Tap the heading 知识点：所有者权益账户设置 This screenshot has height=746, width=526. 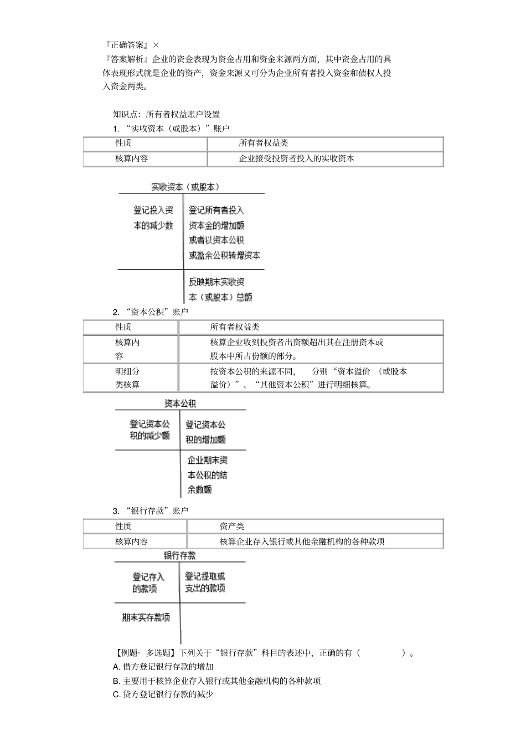[x=166, y=114]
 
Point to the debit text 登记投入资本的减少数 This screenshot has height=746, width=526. [x=153, y=218]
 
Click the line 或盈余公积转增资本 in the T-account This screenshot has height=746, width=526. [x=224, y=256]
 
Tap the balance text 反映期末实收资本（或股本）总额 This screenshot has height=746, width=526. [x=220, y=289]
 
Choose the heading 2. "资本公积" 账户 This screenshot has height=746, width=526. [x=150, y=312]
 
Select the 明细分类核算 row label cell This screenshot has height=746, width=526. [x=128, y=378]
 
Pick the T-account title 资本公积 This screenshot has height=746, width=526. [x=180, y=403]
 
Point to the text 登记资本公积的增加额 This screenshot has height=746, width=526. [x=205, y=432]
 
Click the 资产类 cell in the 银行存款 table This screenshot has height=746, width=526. [x=231, y=527]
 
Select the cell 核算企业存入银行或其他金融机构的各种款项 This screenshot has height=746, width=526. [x=302, y=541]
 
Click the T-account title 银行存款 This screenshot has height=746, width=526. [x=179, y=555]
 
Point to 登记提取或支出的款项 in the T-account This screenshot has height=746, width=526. [x=205, y=583]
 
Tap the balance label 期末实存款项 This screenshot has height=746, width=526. [x=146, y=617]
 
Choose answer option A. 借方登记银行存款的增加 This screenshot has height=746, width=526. [x=163, y=667]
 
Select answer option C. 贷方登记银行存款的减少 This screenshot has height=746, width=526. [x=163, y=694]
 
